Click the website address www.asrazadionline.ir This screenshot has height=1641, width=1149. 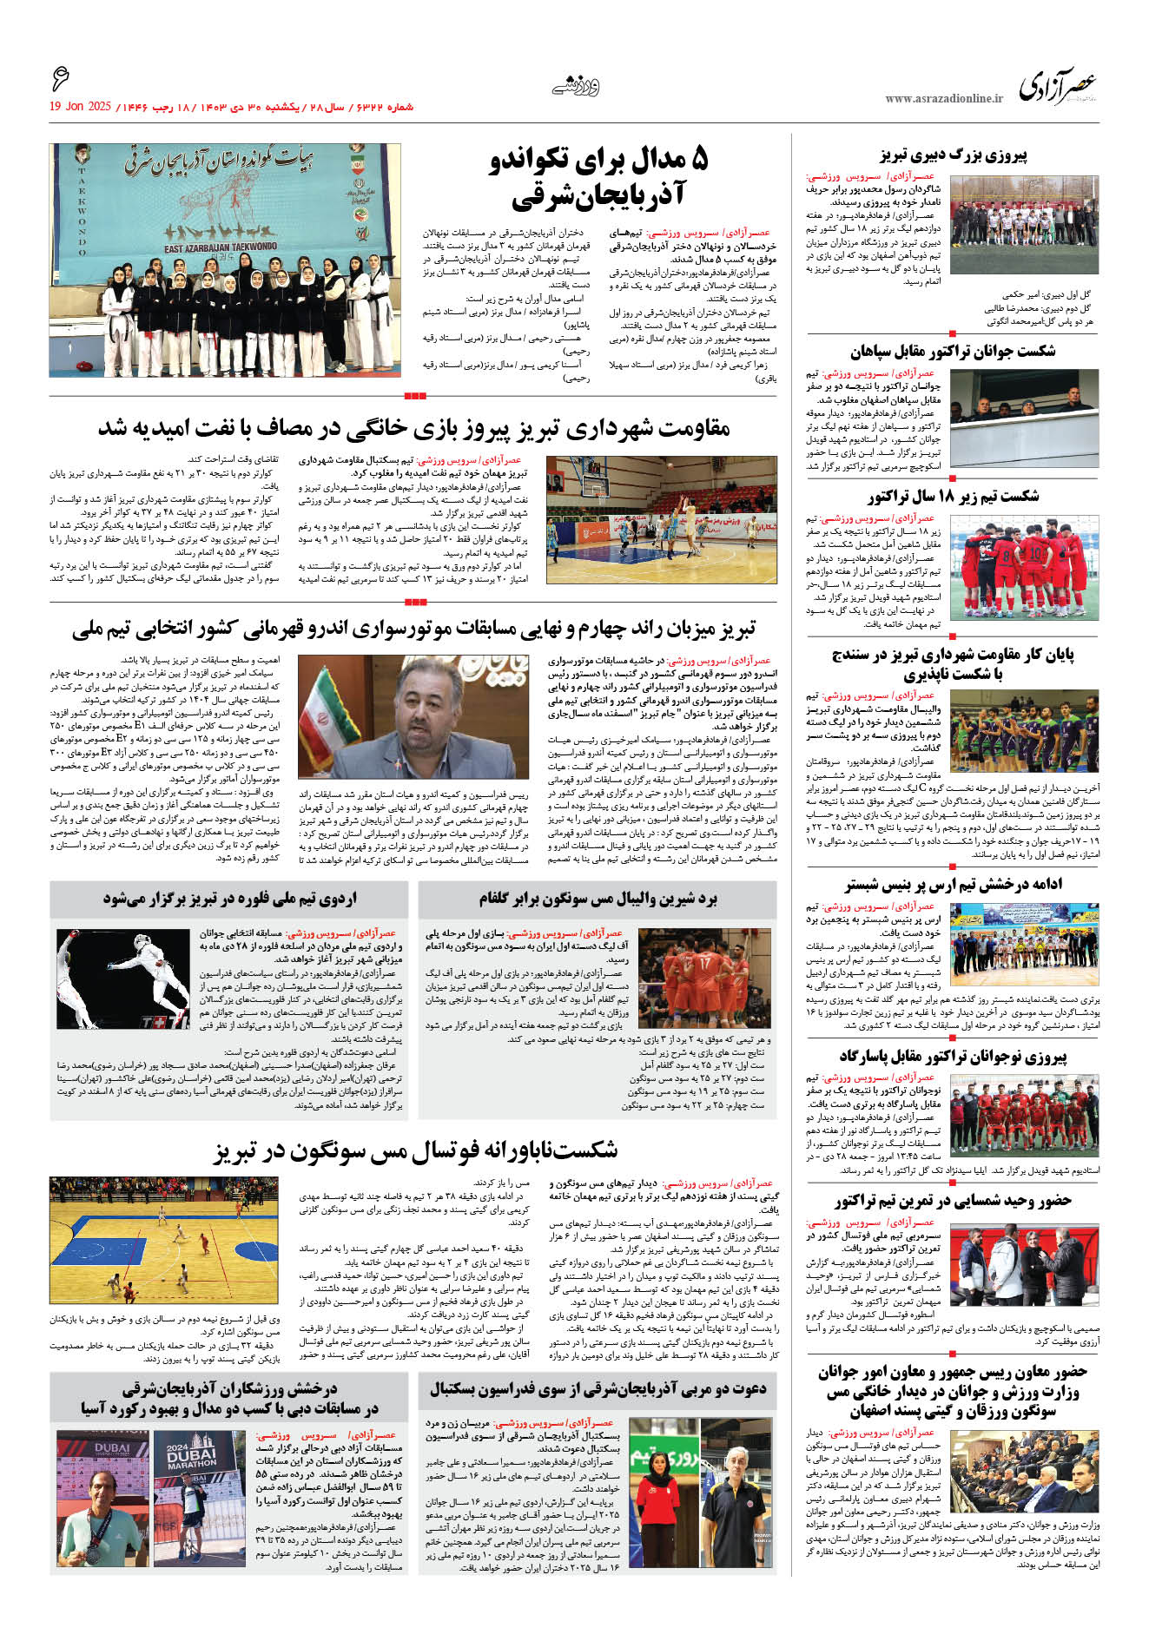tap(943, 99)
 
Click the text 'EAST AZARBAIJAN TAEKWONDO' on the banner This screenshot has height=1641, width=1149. tap(221, 247)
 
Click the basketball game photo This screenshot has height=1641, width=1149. tap(661, 519)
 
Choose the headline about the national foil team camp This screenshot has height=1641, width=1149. tap(230, 899)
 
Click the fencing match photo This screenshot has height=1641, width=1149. tap(122, 979)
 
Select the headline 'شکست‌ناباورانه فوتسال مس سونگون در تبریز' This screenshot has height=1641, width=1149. tap(416, 1151)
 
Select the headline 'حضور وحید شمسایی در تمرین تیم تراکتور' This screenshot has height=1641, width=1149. tap(953, 1202)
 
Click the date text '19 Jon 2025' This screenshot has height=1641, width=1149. tap(80, 107)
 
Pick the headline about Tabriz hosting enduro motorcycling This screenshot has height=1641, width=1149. tap(413, 629)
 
